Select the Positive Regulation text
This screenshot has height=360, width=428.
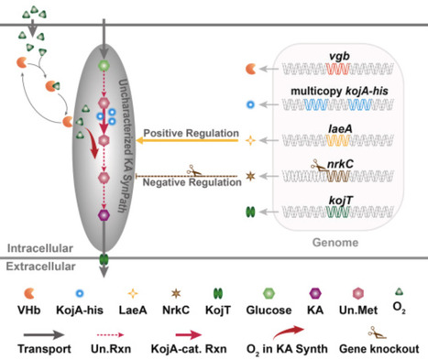[x=188, y=131]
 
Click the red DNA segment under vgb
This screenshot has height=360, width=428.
[x=340, y=70]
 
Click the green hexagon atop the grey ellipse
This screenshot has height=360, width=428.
[x=104, y=67]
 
